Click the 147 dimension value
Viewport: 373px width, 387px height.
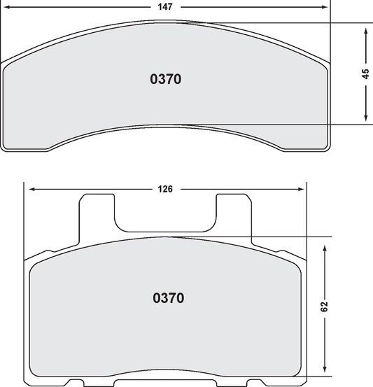166,6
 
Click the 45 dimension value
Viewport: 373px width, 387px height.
365,73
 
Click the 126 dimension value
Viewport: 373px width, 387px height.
165,189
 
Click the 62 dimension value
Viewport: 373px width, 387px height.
325,306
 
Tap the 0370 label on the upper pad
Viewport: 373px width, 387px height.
166,79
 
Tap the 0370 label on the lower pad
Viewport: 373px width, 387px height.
168,298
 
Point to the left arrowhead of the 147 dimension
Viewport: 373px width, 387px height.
5,6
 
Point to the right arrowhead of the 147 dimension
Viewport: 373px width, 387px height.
325,6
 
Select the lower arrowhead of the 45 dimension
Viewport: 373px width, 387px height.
365,120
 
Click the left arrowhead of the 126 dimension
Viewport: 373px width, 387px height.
29,189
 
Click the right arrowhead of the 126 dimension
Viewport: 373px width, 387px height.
302,189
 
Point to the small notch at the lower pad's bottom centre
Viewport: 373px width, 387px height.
167,383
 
